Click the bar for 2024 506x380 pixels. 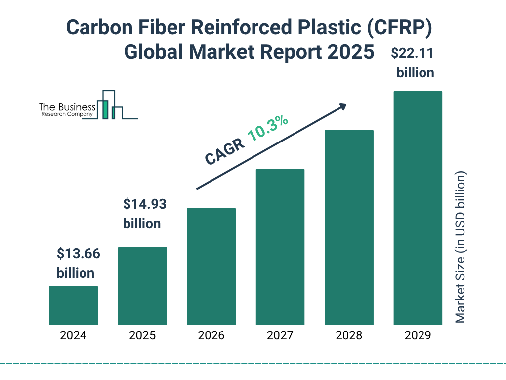point(73,305)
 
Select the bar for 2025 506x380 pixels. point(142,285)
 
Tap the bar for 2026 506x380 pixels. point(211,266)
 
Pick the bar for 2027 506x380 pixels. point(280,246)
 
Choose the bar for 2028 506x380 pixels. point(349,227)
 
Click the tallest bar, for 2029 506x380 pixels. point(418,208)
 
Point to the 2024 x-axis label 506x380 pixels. point(73,335)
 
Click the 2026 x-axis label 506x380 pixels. point(211,335)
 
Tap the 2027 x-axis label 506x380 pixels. point(280,335)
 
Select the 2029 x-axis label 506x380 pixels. point(418,335)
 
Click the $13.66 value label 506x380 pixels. point(78,254)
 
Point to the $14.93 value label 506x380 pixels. point(144,204)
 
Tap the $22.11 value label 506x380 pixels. point(415,53)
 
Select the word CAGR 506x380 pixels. point(225,151)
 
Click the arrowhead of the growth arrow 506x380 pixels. point(341,106)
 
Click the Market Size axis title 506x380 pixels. point(461,247)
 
